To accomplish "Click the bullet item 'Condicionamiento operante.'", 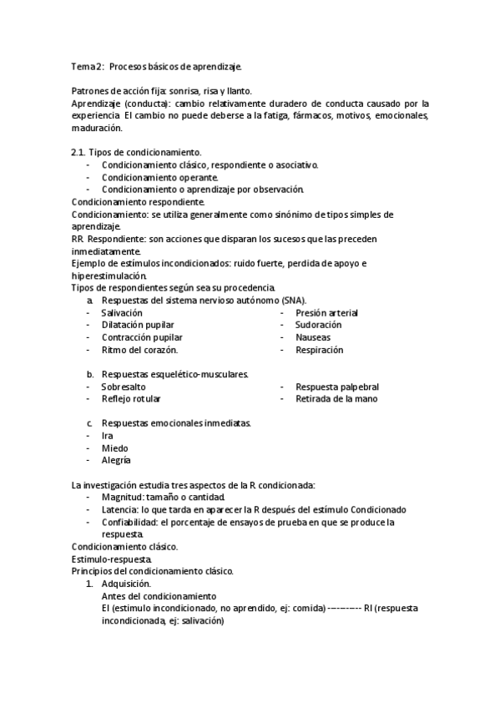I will [160, 177].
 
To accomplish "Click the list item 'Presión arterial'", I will [326, 312].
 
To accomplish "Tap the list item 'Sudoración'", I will [318, 325].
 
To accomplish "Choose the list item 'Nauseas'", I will [313, 337].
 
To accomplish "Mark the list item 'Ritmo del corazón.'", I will [139, 350].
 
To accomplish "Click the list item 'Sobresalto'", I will [124, 387].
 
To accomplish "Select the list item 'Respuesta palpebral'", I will [336, 387].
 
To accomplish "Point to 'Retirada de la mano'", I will [336, 399].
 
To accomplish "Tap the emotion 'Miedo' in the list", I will [114, 448].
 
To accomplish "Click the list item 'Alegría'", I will [116, 460].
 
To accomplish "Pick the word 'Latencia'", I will [120, 509].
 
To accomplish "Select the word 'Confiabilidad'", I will [129, 522].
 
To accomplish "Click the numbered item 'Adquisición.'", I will [126, 584].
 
